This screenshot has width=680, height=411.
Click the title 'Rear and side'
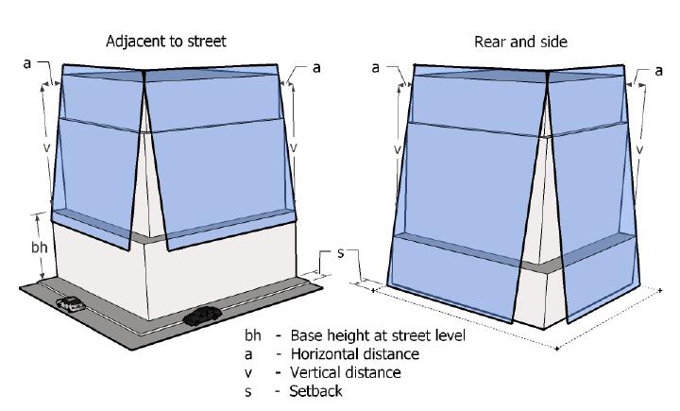[514, 42]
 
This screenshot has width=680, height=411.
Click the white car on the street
[69, 303]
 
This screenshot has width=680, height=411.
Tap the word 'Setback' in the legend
[316, 390]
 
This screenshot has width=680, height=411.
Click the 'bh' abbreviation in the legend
[252, 336]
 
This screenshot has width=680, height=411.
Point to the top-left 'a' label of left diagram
[28, 63]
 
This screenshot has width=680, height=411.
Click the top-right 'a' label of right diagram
[658, 69]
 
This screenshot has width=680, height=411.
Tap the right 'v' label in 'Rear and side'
[641, 149]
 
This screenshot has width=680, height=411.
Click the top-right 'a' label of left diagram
[316, 67]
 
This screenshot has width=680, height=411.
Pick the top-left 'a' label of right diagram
[377, 67]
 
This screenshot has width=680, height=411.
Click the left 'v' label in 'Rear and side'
[397, 149]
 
